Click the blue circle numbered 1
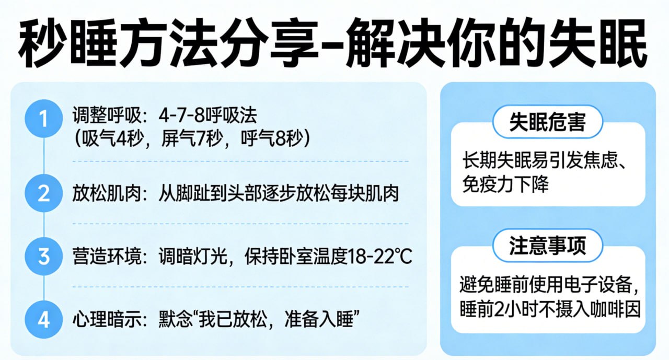tap(43, 120)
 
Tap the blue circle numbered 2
tap(43, 194)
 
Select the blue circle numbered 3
tap(43, 257)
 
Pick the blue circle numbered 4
tap(43, 319)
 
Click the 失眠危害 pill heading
tap(548, 123)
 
